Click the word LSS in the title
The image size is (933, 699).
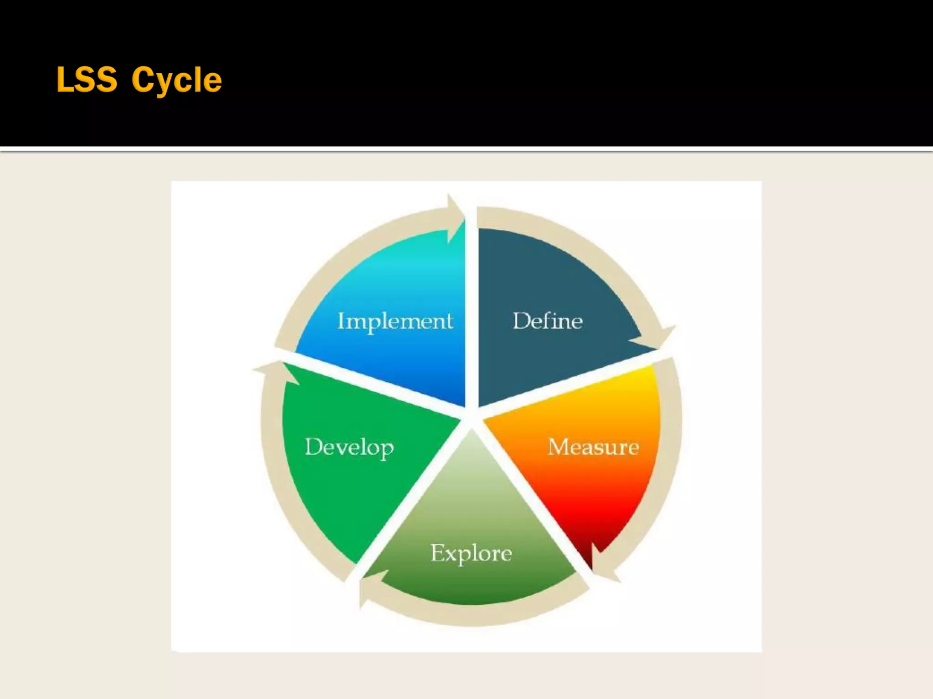(x=87, y=80)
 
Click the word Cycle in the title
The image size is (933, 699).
(x=176, y=81)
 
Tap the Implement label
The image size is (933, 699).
(x=395, y=321)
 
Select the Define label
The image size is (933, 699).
(x=548, y=321)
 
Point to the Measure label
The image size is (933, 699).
(x=593, y=447)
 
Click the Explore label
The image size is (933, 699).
(x=471, y=553)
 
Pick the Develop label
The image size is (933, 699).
(x=349, y=447)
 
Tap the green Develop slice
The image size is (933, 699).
(x=346, y=491)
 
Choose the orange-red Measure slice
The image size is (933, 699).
(x=592, y=491)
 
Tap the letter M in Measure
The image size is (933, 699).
(x=558, y=447)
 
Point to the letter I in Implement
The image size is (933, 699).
(x=341, y=321)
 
